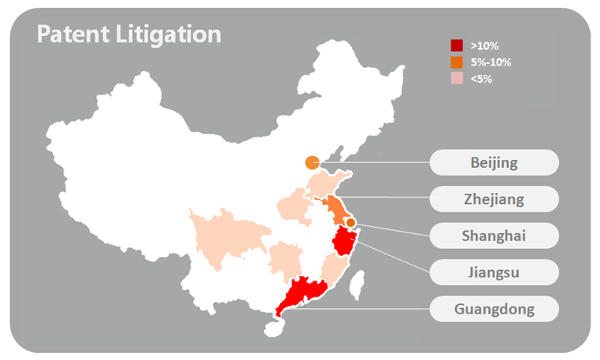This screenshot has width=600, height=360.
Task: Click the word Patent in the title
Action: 73,34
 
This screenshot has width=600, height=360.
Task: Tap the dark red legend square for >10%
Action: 457,46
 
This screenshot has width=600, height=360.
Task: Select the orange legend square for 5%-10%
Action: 457,62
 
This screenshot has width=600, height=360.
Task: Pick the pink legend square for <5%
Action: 457,79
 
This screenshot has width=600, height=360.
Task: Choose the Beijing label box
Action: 494,163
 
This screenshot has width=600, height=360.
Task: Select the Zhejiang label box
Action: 494,199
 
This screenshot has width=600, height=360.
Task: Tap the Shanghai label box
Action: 494,236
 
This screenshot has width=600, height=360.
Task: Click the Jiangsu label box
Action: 494,272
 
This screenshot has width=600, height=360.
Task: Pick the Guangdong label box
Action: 494,308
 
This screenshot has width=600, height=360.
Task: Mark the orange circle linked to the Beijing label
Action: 312,163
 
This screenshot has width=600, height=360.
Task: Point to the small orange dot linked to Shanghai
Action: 351,223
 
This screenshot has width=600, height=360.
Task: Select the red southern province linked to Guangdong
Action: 295,295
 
